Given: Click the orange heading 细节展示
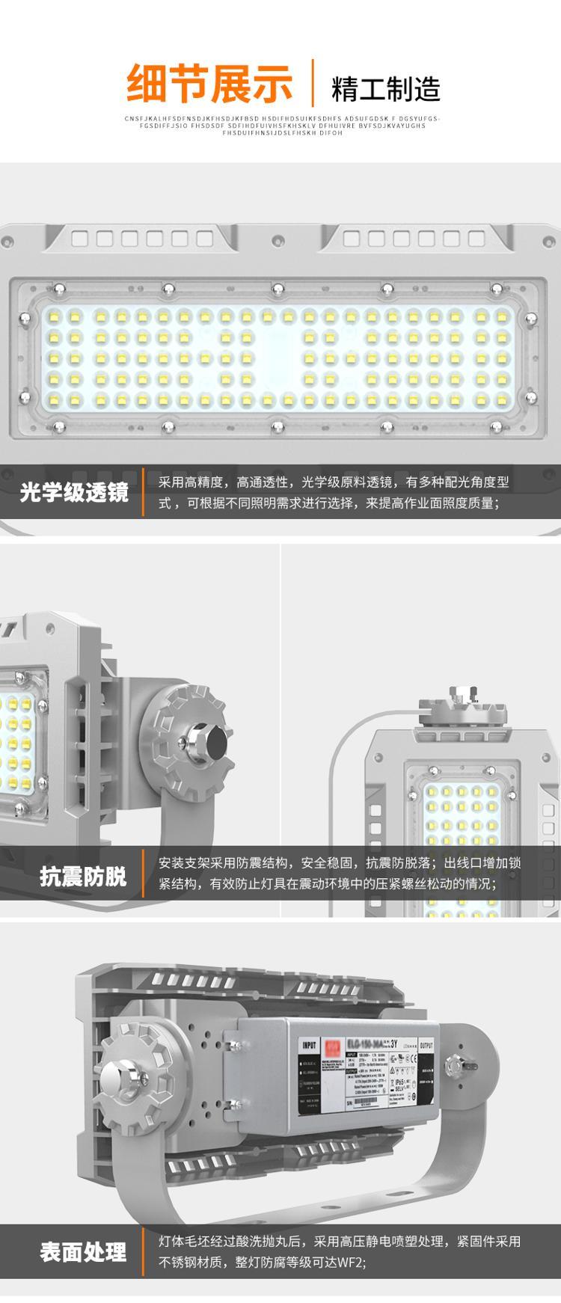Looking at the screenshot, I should point(209,83).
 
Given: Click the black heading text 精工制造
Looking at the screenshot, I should point(385,88).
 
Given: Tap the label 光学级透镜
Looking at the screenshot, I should point(74,493).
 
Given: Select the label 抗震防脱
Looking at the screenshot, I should point(83,876).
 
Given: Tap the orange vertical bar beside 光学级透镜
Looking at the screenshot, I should point(143,492).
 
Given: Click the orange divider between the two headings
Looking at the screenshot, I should point(311,82).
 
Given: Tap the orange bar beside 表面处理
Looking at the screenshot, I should point(143,1251).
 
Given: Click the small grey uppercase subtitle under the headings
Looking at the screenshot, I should point(282,126).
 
